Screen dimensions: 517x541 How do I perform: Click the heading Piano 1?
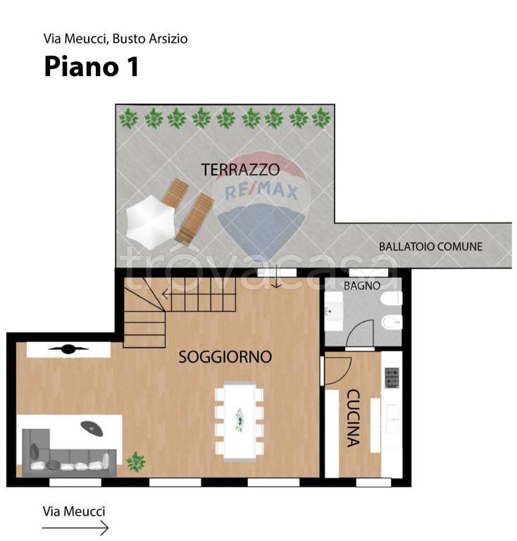click(92, 66)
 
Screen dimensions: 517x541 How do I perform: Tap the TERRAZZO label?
click(240, 170)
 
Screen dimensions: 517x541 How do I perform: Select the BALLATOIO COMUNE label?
click(431, 247)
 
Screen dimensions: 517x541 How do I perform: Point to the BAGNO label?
click(362, 286)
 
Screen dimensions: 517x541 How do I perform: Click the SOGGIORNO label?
click(225, 356)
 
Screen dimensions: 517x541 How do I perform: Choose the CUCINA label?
click(353, 418)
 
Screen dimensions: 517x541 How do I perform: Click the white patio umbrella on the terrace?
click(150, 222)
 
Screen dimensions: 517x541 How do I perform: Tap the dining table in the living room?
click(239, 421)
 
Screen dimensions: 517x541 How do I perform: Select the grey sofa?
click(69, 453)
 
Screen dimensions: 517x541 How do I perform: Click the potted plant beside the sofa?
click(136, 461)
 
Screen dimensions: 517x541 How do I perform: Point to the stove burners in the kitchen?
click(392, 378)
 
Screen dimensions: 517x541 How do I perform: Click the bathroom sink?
click(334, 311)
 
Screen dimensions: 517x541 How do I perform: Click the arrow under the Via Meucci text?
click(75, 528)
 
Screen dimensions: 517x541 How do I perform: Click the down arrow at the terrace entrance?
click(276, 277)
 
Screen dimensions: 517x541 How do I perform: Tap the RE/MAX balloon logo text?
click(261, 192)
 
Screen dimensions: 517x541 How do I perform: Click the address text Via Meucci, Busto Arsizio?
click(116, 39)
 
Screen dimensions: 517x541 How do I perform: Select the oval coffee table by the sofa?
click(92, 428)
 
